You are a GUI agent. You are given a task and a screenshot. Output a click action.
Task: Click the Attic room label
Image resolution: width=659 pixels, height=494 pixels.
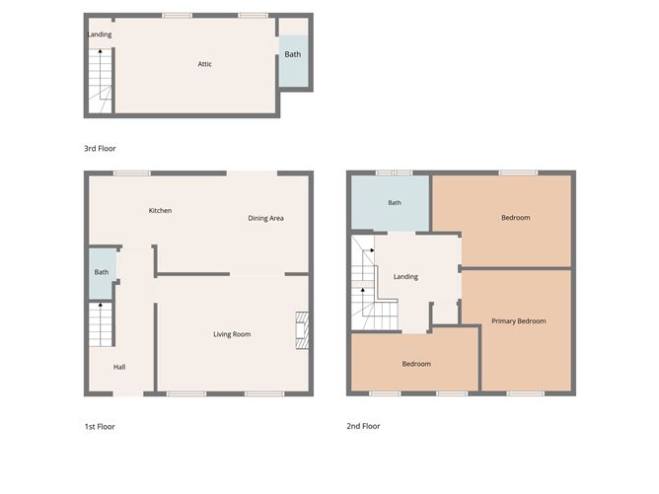coord(205,64)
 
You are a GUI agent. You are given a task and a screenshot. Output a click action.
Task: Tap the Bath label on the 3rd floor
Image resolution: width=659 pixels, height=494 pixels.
coord(293,54)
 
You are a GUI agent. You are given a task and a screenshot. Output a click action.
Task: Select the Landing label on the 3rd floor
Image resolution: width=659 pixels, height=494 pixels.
coord(99,35)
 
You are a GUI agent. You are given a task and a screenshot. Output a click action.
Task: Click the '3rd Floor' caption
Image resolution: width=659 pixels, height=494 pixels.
coord(101,148)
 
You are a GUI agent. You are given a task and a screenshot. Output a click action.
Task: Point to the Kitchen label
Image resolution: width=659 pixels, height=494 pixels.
coord(161,210)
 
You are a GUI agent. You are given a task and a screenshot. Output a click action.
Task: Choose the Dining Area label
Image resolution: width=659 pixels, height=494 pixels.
coord(265,218)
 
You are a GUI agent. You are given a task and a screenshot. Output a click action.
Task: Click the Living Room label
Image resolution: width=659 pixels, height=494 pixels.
coord(232,334)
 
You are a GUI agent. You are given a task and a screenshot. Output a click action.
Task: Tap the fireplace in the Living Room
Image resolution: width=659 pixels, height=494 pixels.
coord(304,331)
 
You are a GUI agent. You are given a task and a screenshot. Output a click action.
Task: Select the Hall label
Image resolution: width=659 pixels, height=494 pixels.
coord(119,367)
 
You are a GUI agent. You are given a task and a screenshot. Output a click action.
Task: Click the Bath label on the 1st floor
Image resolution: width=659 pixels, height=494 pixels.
coord(101,272)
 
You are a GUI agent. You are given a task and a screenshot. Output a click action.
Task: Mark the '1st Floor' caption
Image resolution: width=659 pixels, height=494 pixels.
coord(101,427)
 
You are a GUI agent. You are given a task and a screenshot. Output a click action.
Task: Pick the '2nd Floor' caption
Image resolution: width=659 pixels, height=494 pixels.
coord(363,427)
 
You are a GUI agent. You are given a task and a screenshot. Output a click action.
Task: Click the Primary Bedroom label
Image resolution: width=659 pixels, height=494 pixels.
coord(519,320)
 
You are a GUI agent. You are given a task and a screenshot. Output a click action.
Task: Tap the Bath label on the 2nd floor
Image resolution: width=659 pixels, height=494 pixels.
coord(395,203)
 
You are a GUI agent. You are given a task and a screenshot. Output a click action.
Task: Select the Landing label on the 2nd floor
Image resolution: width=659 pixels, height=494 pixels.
coord(405,276)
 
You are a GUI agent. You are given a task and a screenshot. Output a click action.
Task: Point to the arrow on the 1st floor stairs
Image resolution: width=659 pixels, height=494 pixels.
coord(101,308)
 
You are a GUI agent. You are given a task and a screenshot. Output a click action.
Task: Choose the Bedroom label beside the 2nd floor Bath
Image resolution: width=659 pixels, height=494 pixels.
coord(515,218)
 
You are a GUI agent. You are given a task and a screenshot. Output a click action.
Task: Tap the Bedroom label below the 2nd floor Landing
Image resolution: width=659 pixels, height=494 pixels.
coord(416,364)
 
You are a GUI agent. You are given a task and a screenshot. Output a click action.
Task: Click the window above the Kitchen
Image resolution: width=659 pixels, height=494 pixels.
coord(131,174)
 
